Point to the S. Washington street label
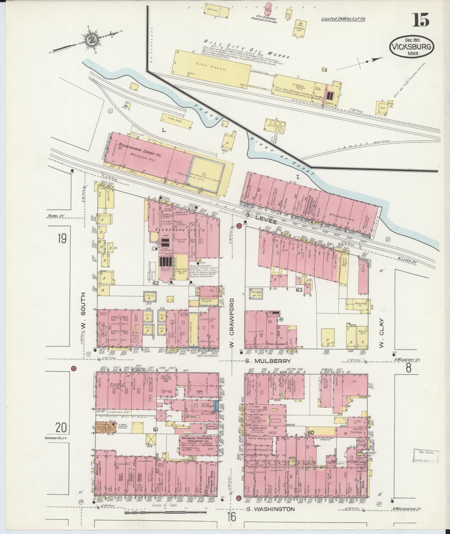[x=270, y=509]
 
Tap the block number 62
[x=156, y=283]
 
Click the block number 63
[x=299, y=290]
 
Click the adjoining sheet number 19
[x=62, y=238]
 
